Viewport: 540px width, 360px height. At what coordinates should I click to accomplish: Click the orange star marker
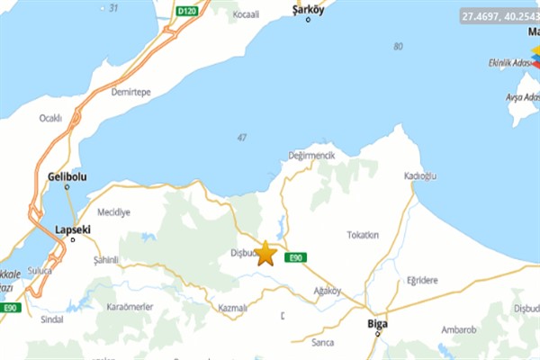point(265,254)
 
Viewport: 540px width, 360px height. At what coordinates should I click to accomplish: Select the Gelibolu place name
point(67,175)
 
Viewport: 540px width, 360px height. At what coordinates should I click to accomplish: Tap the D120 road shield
point(186,11)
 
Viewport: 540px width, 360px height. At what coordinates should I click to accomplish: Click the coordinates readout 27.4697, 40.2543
point(498,16)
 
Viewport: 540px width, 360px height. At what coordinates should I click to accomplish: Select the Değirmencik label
point(310,156)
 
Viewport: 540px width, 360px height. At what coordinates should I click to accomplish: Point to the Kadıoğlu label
point(420,175)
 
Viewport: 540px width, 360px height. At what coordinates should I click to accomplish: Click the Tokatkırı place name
point(363,234)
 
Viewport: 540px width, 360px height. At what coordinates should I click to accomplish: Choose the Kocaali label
point(245,15)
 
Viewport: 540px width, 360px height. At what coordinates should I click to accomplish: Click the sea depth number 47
point(241,137)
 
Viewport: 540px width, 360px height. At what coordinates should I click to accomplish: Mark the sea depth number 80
point(398,46)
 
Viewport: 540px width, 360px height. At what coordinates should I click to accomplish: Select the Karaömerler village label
point(130,307)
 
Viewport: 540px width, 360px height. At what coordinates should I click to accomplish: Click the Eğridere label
point(421,280)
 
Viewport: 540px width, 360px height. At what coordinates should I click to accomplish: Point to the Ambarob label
point(459,329)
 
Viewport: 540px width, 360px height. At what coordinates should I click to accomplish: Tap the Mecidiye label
point(113,212)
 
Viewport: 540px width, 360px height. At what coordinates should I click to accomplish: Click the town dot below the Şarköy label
point(308,19)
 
